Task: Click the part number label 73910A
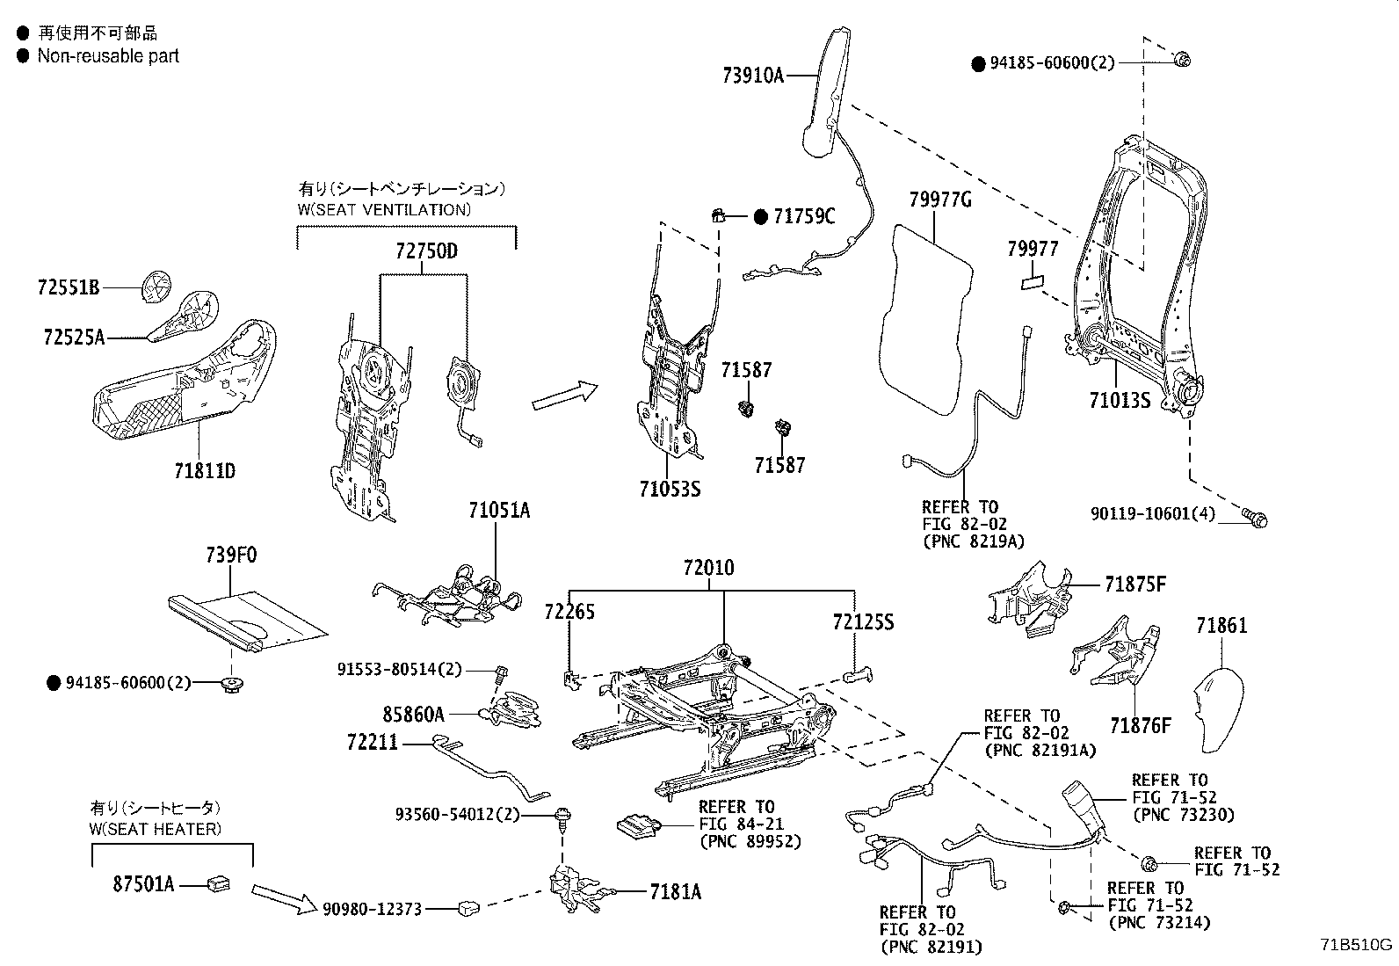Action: pos(752,76)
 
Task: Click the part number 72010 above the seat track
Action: pos(708,568)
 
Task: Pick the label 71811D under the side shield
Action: pos(205,471)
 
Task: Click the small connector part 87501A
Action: pos(217,882)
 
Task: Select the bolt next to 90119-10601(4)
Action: pos(1254,517)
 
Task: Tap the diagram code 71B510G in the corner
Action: pos(1356,945)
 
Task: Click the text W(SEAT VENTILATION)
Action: pos(385,209)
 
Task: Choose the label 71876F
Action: pos(1141,725)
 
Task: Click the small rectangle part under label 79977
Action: pos(1033,283)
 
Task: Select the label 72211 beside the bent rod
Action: pos(372,744)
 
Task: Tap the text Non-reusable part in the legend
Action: pos(108,56)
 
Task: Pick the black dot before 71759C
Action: pos(760,216)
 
